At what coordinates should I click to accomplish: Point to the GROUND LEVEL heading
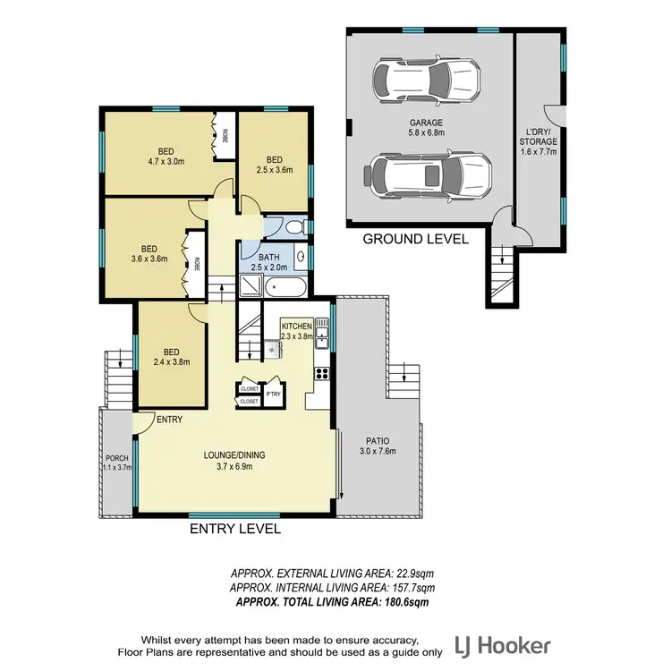click(x=415, y=239)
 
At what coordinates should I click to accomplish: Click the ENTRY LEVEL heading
click(x=235, y=529)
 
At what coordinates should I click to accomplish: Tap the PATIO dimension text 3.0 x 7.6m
click(x=376, y=453)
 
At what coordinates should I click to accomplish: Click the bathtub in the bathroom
click(x=286, y=288)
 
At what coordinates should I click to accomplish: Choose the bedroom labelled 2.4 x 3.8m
click(x=170, y=357)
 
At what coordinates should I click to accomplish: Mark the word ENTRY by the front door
click(x=169, y=420)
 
